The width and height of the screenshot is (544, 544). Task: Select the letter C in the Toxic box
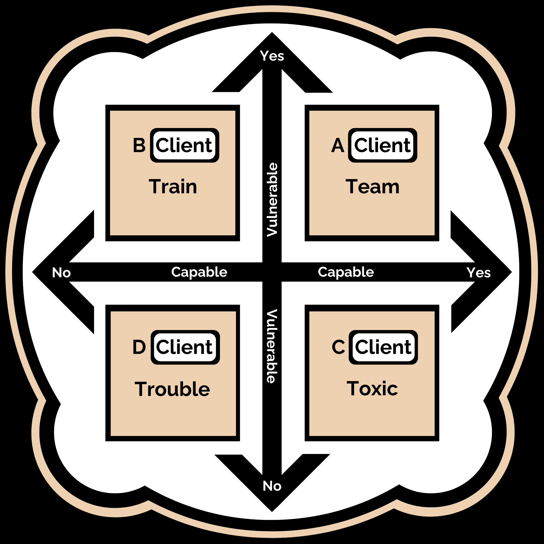[338, 347]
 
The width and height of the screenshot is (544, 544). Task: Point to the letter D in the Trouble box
[139, 347]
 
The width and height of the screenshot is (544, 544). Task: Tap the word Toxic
[372, 389]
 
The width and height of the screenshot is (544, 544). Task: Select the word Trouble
[172, 389]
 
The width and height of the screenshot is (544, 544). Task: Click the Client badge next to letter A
[383, 145]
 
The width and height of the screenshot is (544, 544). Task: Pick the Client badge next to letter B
[184, 145]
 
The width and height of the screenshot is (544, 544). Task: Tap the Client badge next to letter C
[383, 347]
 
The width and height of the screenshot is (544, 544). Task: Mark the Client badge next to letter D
[185, 347]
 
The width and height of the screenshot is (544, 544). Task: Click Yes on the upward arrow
[272, 56]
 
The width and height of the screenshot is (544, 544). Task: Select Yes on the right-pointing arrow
[478, 272]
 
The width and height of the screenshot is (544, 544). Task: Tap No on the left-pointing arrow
[61, 273]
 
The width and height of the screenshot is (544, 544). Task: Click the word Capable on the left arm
[199, 272]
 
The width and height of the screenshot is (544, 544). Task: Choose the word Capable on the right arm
[346, 272]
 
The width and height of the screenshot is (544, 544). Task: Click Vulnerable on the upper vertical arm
[272, 199]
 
